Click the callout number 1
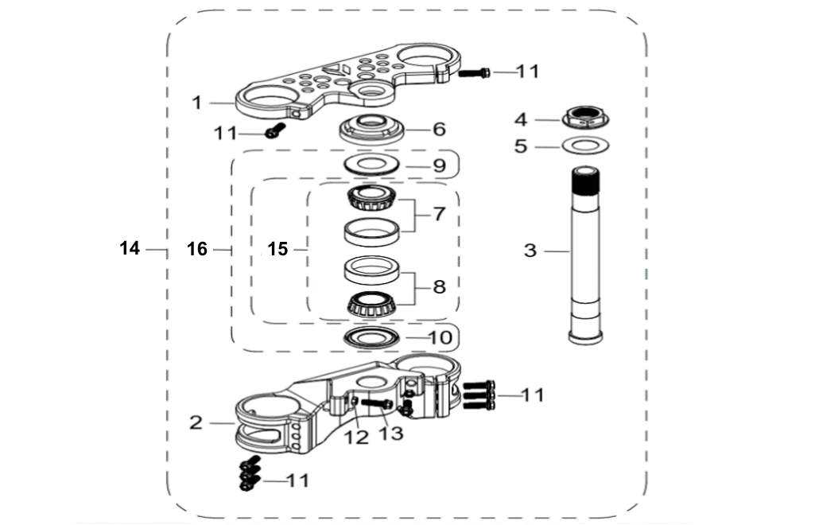click(x=196, y=103)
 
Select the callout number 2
click(x=196, y=422)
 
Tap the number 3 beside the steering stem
click(x=530, y=251)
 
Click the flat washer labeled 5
click(x=586, y=146)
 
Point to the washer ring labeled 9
click(x=371, y=165)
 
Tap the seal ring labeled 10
click(x=371, y=338)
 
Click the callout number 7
click(x=439, y=214)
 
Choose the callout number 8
click(x=439, y=286)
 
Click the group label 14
click(x=130, y=249)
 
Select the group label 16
click(x=196, y=250)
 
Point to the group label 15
click(x=277, y=250)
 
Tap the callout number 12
click(x=356, y=436)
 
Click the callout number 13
click(x=391, y=433)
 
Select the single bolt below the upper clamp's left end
click(x=274, y=133)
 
